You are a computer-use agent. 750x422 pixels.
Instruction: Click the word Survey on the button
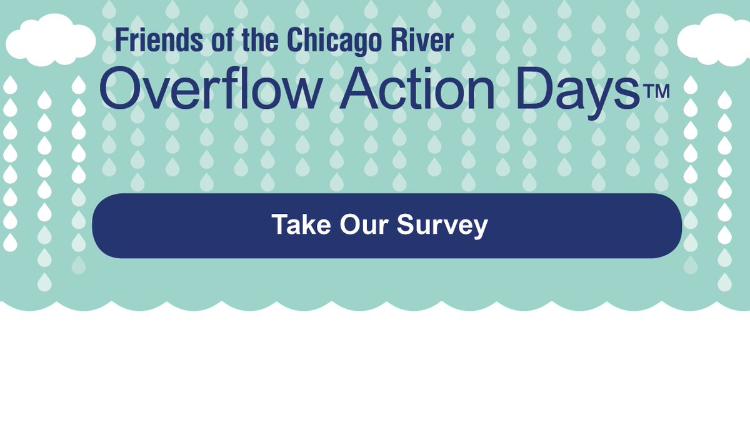point(442,226)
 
